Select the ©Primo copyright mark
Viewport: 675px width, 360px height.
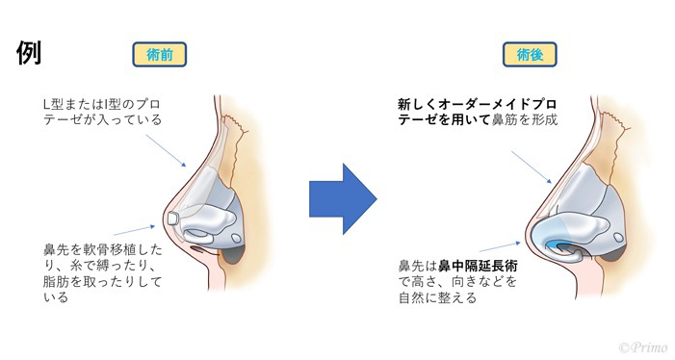[x=641, y=346]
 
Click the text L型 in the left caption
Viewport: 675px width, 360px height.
[x=55, y=104]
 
